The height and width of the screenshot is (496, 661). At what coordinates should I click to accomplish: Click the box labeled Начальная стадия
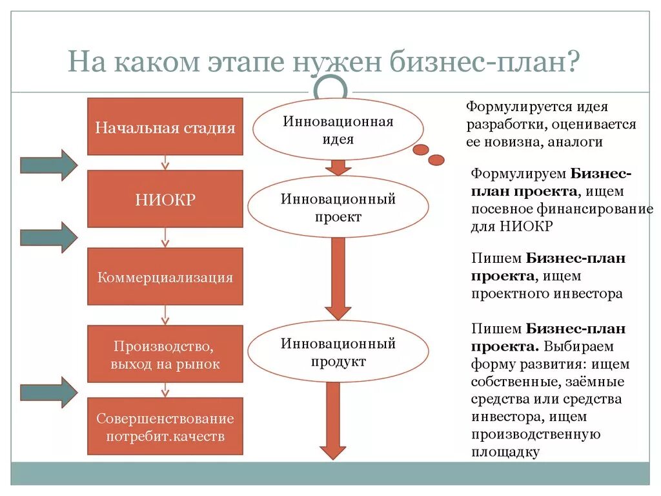click(165, 127)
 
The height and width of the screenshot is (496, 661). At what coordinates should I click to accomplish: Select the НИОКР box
click(165, 199)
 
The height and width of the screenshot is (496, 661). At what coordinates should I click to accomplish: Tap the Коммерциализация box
click(165, 277)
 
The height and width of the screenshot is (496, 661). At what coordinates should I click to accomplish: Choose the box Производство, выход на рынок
click(165, 354)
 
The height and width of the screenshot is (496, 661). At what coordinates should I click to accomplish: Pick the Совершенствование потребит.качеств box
click(165, 426)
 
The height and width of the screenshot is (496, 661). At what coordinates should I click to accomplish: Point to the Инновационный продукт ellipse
click(338, 353)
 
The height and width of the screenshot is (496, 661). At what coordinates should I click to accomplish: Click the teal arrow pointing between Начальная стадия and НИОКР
click(48, 165)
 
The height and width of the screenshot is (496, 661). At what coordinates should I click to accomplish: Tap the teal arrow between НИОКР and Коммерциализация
click(48, 237)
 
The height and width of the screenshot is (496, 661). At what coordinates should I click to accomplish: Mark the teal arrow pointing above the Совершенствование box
click(48, 392)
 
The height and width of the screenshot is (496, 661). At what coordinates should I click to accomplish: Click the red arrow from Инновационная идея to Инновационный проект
click(338, 167)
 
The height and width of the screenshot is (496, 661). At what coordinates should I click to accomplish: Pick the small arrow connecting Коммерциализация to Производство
click(165, 315)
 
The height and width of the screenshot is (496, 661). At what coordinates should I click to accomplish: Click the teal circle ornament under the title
click(330, 87)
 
